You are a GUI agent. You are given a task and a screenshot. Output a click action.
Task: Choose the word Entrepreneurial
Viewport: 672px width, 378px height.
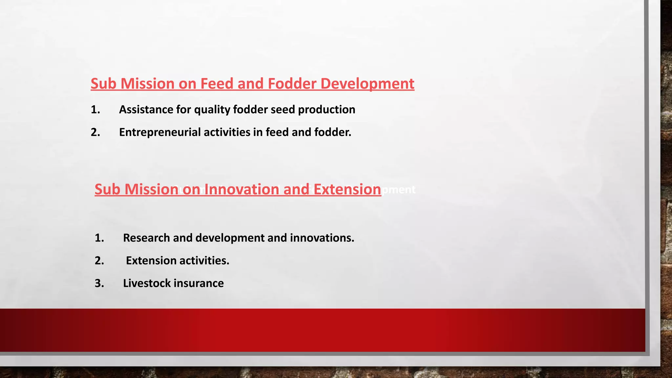[x=160, y=132]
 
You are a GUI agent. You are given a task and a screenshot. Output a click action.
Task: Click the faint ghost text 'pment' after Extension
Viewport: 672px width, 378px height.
[x=399, y=190]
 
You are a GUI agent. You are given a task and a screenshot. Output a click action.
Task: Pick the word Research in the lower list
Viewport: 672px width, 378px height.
[x=146, y=238]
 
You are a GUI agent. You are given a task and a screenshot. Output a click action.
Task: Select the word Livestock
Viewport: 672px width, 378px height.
[x=147, y=283]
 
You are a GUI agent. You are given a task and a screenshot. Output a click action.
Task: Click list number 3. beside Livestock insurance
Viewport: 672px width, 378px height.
[x=99, y=283]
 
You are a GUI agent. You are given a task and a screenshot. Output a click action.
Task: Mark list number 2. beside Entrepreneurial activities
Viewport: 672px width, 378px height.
[x=95, y=132]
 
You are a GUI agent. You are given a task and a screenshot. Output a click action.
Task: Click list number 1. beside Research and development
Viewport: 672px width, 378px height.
[x=99, y=238]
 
